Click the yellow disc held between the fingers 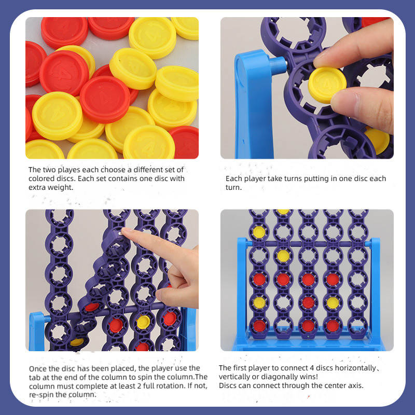pyautogui.click(x=327, y=85)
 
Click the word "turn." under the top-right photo pyautogui.click(x=234, y=187)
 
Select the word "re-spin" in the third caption pyautogui.click(x=41, y=395)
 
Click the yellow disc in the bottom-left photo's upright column pyautogui.click(x=143, y=322)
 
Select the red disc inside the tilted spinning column pyautogui.click(x=92, y=307)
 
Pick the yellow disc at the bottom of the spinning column pyautogui.click(x=77, y=342)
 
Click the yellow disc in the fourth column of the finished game pyautogui.click(x=333, y=302)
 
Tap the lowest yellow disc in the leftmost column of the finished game pyautogui.click(x=259, y=302)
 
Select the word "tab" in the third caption pyautogui.click(x=34, y=377)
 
